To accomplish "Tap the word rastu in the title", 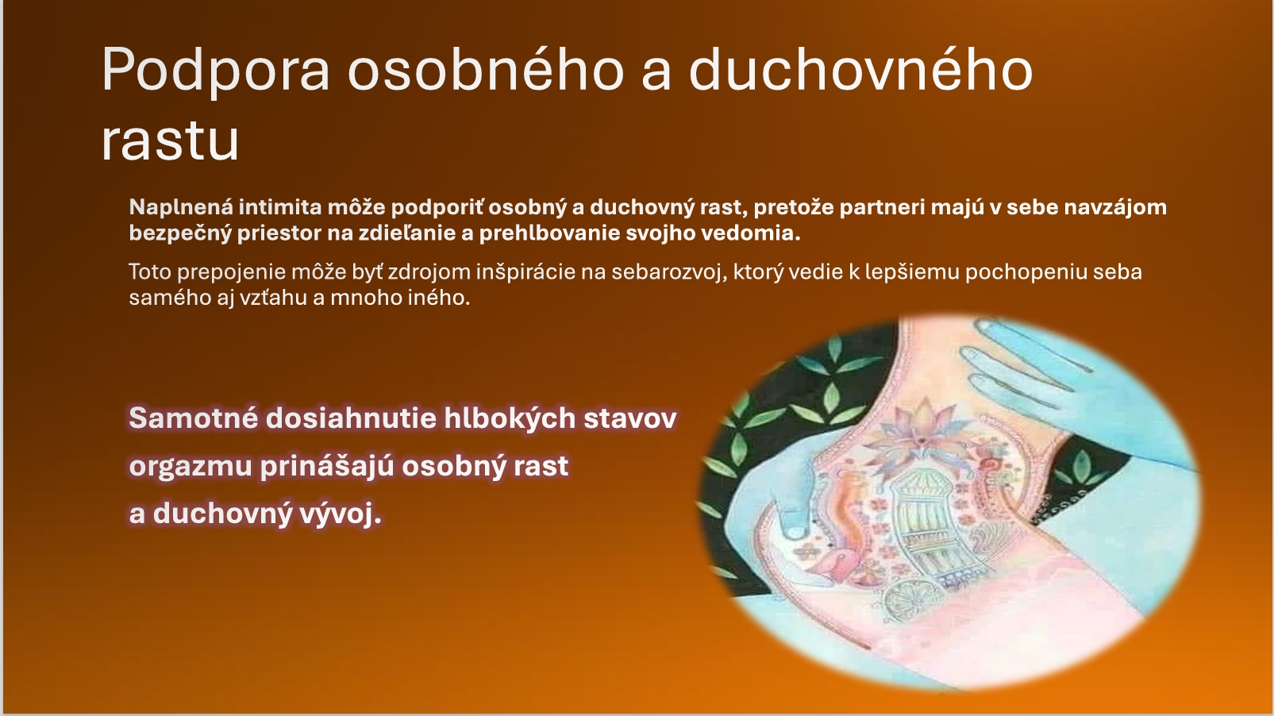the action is point(170,141).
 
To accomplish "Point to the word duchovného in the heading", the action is point(861,69).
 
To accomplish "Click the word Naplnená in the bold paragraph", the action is point(181,207).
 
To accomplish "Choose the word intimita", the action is point(280,207).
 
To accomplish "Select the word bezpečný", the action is point(180,233).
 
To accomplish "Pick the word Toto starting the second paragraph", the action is point(149,271).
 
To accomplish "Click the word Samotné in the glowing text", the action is point(194,418).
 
